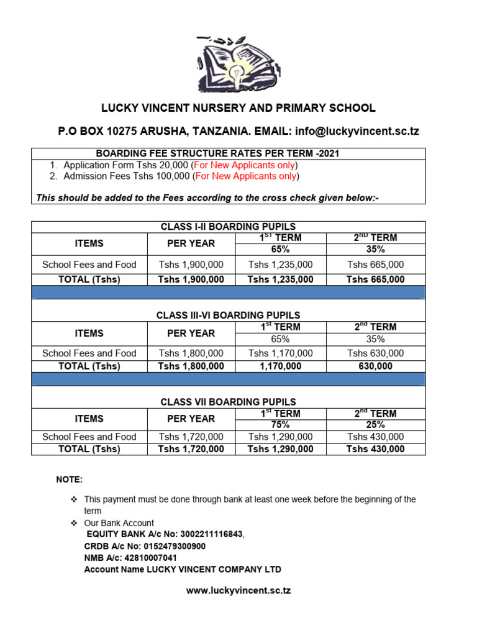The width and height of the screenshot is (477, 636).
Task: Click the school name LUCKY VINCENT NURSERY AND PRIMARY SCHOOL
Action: [238, 108]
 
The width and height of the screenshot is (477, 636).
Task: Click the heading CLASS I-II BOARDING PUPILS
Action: [228, 227]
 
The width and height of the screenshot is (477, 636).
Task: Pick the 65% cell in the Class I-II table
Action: [280, 249]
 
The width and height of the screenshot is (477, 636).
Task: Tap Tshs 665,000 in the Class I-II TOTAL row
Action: [375, 279]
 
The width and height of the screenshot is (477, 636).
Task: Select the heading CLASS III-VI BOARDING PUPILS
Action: [228, 316]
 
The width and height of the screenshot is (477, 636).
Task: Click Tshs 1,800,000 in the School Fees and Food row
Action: [191, 353]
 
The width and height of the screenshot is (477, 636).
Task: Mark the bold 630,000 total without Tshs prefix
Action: [375, 366]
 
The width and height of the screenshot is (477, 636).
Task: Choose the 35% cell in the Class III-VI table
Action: [375, 339]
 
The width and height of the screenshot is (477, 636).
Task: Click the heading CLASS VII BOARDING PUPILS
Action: [228, 402]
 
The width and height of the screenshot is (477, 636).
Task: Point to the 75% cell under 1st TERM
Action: [280, 425]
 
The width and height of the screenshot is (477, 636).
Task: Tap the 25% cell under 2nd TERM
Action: [375, 425]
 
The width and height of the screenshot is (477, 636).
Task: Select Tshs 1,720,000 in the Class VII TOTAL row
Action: [191, 449]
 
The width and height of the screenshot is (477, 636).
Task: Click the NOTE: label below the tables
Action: [69, 480]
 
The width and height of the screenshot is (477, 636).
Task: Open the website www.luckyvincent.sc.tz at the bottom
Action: [238, 590]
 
